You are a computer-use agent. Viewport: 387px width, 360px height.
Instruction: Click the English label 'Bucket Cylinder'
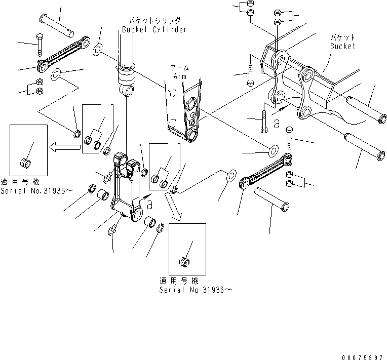point(154,29)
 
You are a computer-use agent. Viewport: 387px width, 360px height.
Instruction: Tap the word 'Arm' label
point(180,76)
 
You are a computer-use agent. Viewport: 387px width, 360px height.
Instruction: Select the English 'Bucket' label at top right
point(342,46)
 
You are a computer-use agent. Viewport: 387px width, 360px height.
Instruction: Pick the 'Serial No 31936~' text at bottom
point(190,290)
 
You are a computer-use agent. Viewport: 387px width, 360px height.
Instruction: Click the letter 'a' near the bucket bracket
point(277,123)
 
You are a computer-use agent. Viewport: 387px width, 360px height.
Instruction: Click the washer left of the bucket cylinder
point(97,51)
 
